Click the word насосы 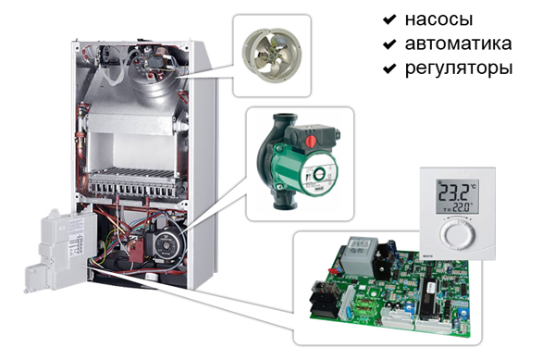(438, 19)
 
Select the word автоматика (458, 43)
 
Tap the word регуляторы (459, 68)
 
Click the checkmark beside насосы (389, 19)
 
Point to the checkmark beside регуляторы (389, 68)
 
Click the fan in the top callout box (271, 55)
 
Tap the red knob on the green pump (311, 141)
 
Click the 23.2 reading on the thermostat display (457, 192)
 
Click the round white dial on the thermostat (457, 233)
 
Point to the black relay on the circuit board (325, 300)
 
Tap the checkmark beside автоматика (389, 43)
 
